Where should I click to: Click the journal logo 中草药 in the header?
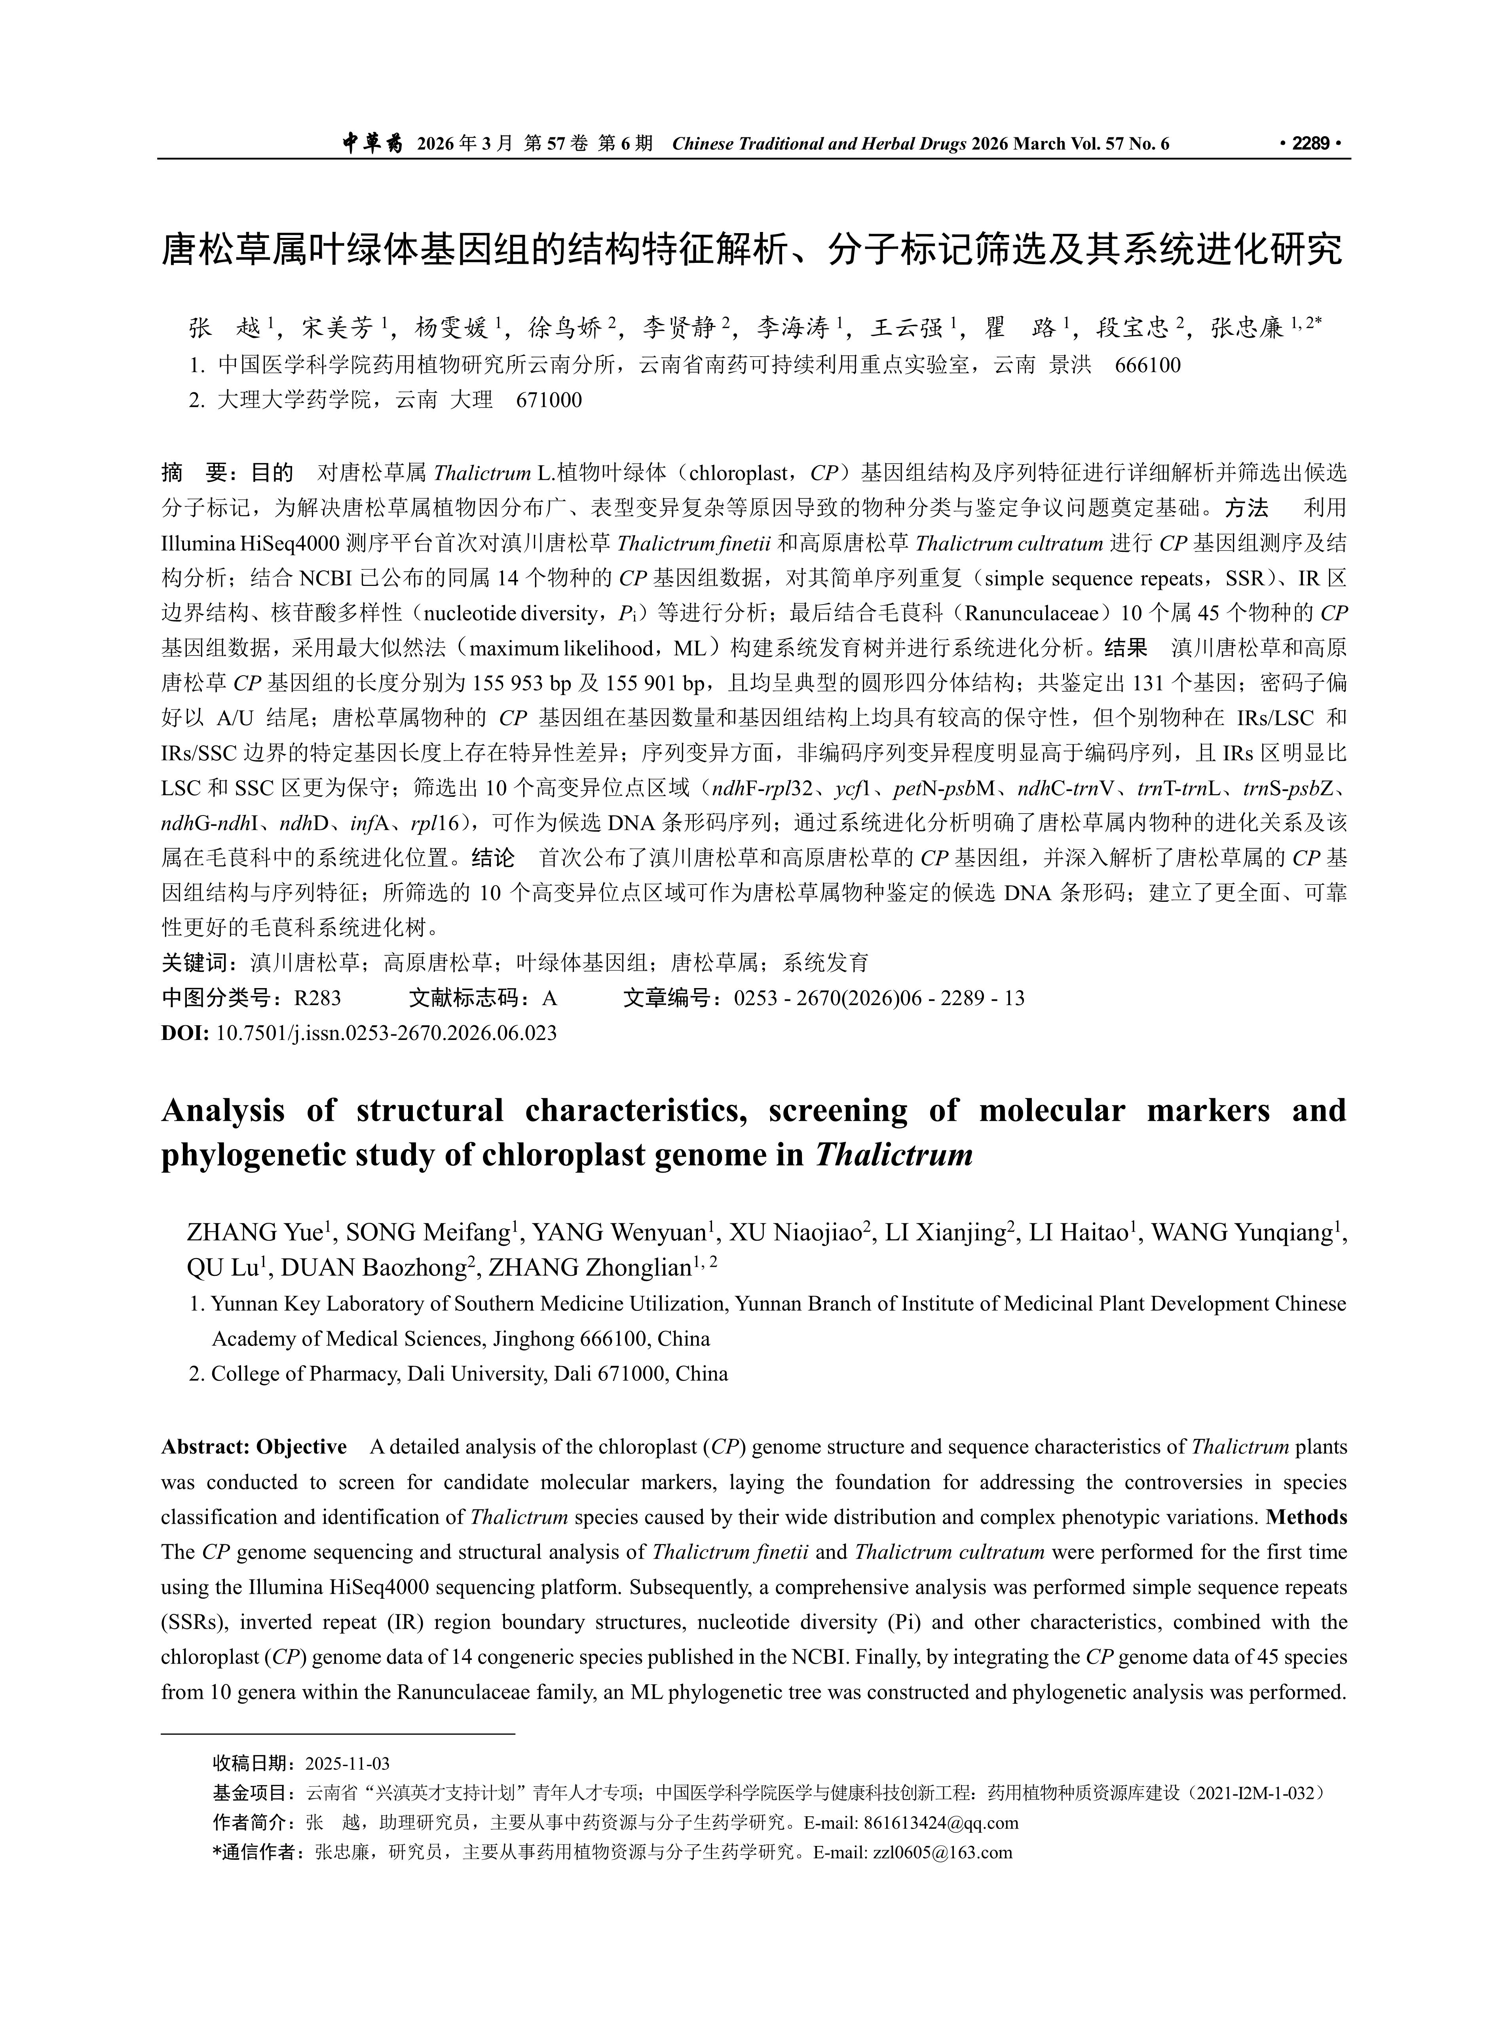point(372,143)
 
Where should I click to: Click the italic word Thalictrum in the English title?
point(894,1156)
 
